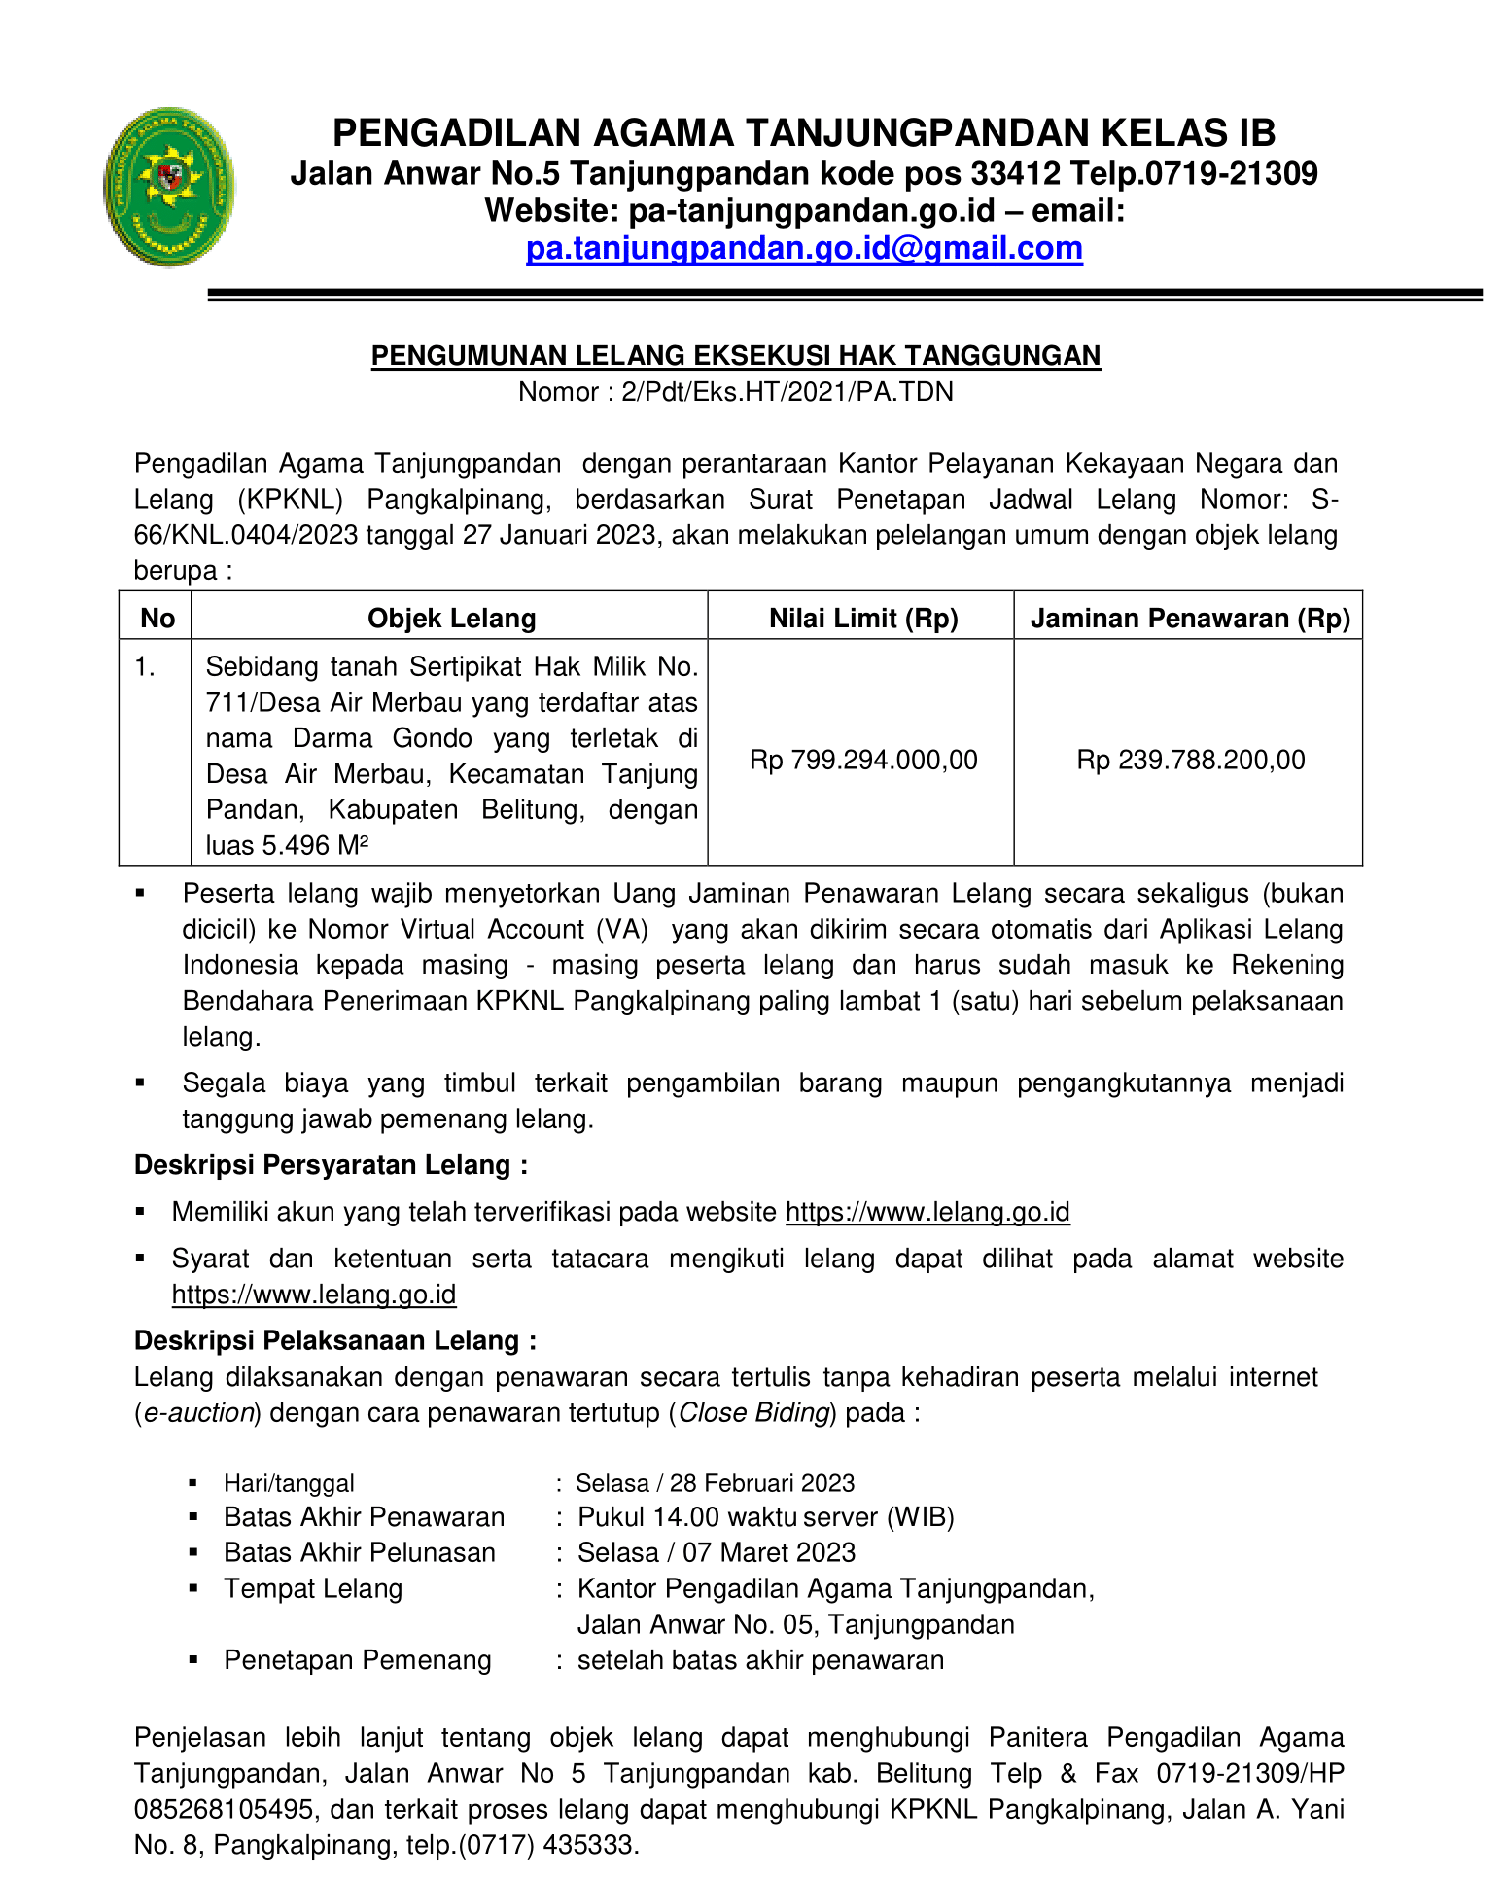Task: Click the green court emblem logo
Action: [x=169, y=187]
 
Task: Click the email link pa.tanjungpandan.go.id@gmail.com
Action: [x=804, y=249]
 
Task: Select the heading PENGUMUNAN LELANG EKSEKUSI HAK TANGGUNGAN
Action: [x=735, y=356]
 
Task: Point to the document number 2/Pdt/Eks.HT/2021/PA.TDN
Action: [x=787, y=392]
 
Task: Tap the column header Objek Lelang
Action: [x=451, y=619]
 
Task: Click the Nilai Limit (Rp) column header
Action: [x=863, y=619]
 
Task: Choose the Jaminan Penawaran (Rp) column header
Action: [x=1190, y=619]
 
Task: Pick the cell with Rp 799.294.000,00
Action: [x=863, y=760]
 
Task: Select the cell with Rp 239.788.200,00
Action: [x=1190, y=760]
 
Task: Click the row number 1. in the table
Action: [x=145, y=667]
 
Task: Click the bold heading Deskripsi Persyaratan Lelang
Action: [x=331, y=1165]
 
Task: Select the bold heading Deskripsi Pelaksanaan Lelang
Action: [x=334, y=1341]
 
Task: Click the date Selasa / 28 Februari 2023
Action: [x=715, y=1483]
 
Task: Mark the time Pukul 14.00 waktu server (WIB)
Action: [x=765, y=1517]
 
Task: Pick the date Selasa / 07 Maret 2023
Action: [x=717, y=1553]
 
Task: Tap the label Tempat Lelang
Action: [x=313, y=1589]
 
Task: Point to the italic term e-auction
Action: [x=198, y=1413]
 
